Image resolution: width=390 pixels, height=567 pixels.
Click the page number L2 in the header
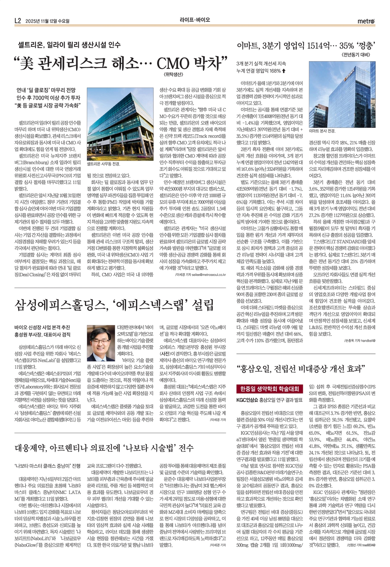(17, 21)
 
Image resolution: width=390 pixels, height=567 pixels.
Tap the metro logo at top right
(366, 21)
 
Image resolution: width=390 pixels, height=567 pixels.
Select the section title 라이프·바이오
(195, 20)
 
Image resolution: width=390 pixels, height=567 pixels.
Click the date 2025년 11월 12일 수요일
(50, 21)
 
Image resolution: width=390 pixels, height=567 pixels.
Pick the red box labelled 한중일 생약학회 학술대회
(270, 389)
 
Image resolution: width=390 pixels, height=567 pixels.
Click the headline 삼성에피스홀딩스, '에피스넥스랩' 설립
(114, 305)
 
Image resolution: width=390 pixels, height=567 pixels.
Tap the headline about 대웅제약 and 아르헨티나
(104, 448)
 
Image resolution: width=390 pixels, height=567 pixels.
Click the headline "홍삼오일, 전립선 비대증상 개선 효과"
(301, 368)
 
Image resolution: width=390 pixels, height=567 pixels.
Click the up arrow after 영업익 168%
(284, 71)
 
